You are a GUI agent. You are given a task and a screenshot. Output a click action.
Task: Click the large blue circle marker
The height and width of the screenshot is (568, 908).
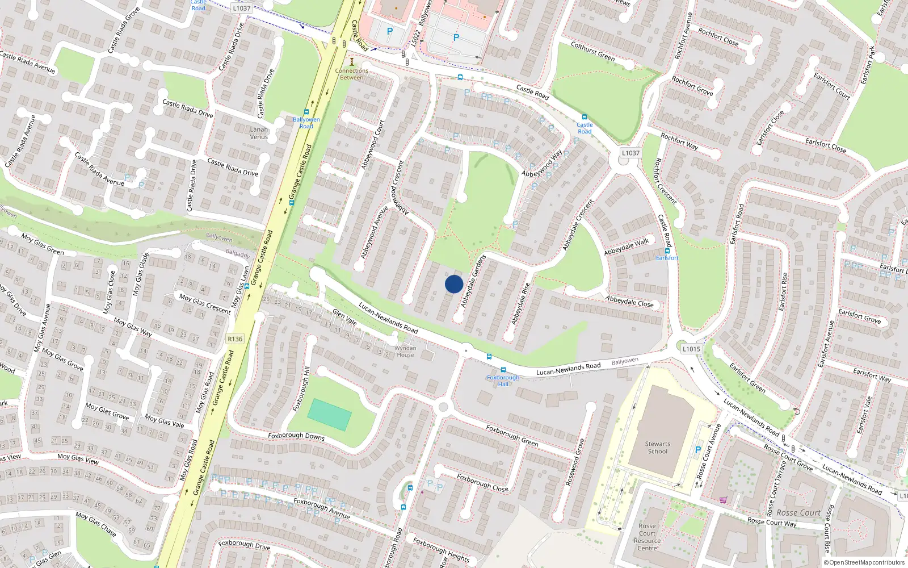[x=454, y=284]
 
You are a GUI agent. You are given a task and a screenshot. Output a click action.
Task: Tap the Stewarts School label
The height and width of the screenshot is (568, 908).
[x=657, y=448]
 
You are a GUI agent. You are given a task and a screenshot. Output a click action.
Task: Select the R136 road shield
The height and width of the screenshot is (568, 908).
[x=235, y=339]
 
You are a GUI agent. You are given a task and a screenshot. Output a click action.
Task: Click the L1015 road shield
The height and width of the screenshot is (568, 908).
[x=691, y=349]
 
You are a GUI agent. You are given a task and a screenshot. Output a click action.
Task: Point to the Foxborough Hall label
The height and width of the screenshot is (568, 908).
[x=503, y=381]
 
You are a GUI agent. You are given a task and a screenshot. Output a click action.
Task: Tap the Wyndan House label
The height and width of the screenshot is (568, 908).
[x=405, y=352]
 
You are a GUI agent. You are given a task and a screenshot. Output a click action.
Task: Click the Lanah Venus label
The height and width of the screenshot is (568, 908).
[x=259, y=133]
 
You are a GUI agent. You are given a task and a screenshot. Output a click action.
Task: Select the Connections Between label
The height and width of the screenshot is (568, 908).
[x=352, y=74]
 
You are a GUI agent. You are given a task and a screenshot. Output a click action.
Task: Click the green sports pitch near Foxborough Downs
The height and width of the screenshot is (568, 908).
[x=329, y=415]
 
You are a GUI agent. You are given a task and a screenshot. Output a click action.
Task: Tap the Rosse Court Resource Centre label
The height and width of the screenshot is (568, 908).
[x=647, y=537]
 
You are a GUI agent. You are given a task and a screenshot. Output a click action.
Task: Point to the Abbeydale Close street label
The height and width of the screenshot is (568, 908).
[x=629, y=301]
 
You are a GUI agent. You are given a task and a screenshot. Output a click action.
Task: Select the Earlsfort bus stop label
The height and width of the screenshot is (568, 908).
[x=667, y=258]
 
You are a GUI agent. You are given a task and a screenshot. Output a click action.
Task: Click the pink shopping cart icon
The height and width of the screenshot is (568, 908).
[x=723, y=500]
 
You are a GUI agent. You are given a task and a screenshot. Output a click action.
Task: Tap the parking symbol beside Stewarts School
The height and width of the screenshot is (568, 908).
[x=698, y=450]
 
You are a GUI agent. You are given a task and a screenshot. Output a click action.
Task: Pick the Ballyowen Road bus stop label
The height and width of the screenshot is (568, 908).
[x=306, y=123]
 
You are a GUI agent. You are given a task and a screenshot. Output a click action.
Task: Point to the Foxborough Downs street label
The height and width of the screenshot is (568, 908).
[x=296, y=436]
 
